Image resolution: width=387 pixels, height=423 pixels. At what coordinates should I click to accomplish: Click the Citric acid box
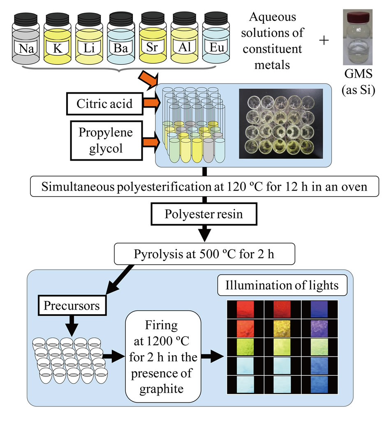pos(104,103)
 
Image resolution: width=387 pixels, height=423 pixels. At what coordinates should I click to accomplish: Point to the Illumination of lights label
pos(282,285)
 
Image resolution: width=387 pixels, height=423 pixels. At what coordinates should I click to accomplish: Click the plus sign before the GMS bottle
pos(326,41)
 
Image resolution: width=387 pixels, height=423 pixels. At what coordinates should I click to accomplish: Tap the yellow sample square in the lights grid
pos(282,326)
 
